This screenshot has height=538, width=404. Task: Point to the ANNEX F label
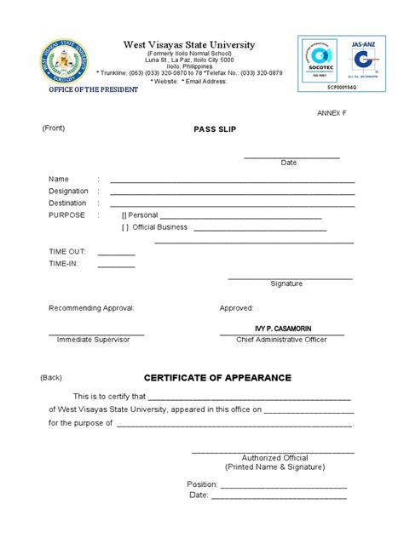point(333,112)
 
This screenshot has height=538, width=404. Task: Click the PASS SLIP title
point(214,129)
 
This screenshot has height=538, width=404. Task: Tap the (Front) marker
point(53,128)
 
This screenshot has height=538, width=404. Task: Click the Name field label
point(58,179)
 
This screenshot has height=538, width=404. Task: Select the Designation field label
point(68,192)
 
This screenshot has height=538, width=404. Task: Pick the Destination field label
point(67,203)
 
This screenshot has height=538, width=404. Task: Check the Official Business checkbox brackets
point(125,227)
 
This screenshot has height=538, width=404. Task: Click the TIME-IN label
point(64,265)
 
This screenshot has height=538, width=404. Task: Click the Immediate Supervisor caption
point(93,339)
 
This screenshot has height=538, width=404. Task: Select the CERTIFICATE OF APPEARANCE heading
point(217,378)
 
